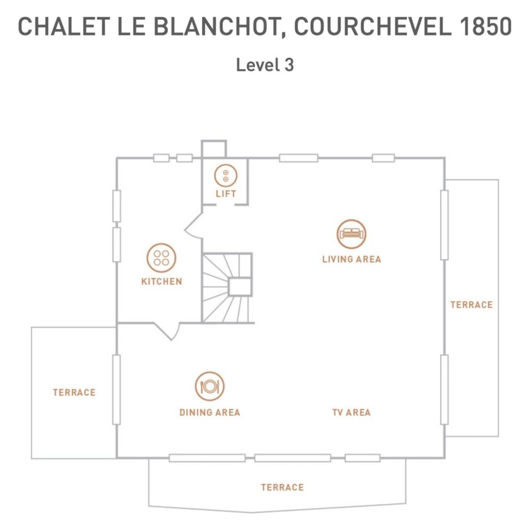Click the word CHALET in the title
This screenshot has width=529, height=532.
click(x=63, y=26)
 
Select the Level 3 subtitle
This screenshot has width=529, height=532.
click(x=264, y=65)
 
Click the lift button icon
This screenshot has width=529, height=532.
click(x=226, y=176)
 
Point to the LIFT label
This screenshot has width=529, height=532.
click(x=226, y=194)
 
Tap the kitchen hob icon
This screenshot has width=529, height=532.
click(x=162, y=258)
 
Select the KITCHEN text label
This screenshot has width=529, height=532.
click(x=162, y=281)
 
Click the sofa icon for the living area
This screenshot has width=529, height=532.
click(x=351, y=234)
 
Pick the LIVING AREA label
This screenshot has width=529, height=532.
click(x=351, y=259)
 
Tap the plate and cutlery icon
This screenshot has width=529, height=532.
click(x=210, y=387)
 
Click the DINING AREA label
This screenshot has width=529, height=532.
click(x=210, y=412)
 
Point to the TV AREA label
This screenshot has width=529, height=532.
click(x=351, y=412)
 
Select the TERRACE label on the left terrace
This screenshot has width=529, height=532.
click(x=74, y=393)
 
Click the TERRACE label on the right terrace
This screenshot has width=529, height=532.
click(x=472, y=304)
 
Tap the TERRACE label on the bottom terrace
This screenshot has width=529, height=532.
click(x=282, y=487)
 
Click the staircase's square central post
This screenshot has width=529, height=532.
click(x=240, y=287)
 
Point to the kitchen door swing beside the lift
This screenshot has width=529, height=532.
click(x=193, y=227)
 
